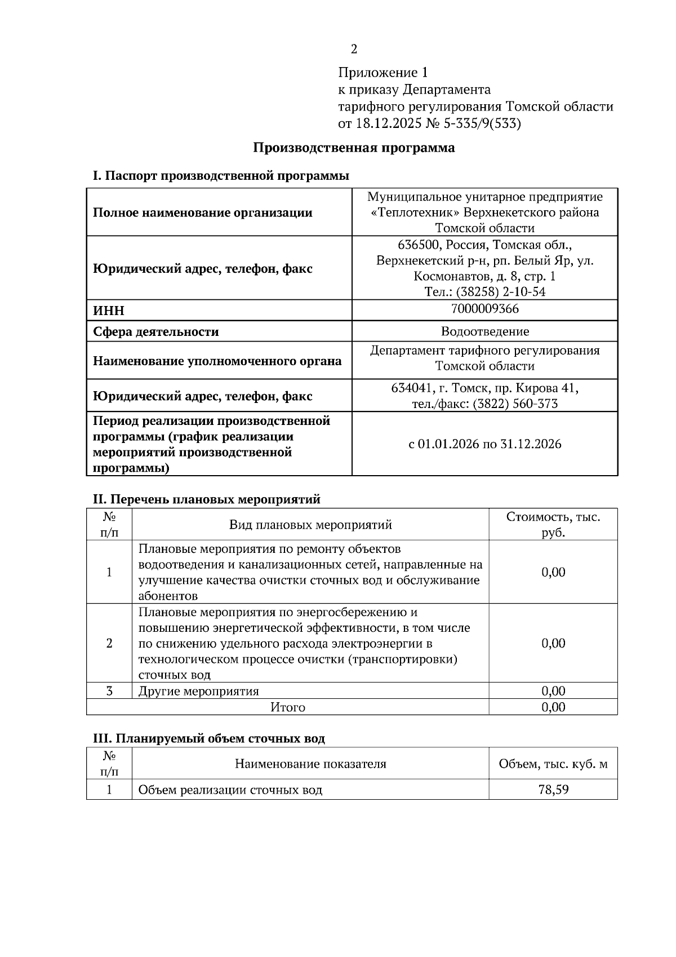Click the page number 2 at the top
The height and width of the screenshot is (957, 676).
(354, 50)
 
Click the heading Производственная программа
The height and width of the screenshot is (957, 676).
(354, 148)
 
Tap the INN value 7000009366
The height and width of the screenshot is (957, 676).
(484, 309)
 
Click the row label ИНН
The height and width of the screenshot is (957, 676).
(109, 311)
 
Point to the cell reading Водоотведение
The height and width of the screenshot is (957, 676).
(484, 331)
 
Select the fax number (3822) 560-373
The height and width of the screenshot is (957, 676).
(515, 404)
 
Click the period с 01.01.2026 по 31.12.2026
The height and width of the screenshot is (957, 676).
(484, 444)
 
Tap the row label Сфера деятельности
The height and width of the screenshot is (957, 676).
(156, 332)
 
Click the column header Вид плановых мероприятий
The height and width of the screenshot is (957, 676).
(310, 525)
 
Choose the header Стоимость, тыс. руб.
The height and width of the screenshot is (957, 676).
(553, 525)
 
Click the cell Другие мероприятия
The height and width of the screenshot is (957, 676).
(199, 692)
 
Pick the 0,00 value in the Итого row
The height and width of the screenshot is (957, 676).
(553, 707)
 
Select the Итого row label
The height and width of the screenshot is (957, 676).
(287, 707)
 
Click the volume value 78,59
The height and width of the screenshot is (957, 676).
(553, 790)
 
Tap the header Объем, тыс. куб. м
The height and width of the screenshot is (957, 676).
(553, 765)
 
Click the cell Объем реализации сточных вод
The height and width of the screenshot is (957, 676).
(230, 790)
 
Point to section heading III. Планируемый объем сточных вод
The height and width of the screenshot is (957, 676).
(208, 739)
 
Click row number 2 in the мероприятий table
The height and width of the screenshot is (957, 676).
(109, 644)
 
